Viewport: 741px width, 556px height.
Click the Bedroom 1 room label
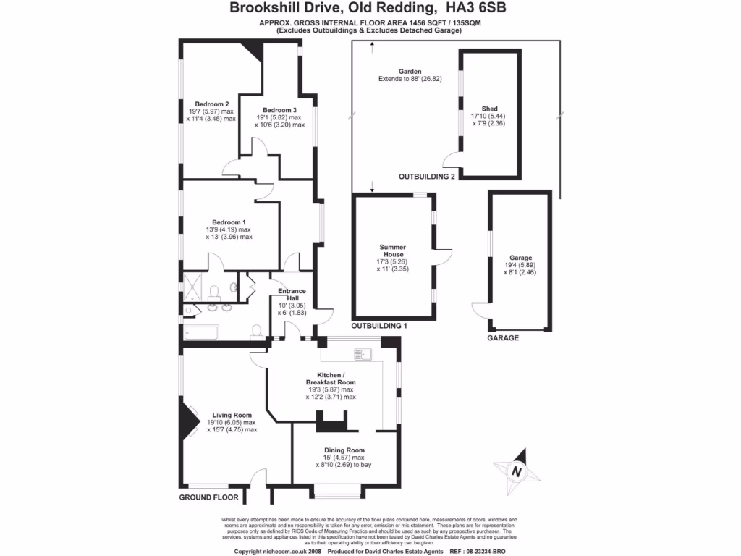[229, 222]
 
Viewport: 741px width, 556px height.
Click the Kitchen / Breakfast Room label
[331, 378]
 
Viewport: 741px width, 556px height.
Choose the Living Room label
[232, 415]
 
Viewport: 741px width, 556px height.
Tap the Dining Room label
[344, 450]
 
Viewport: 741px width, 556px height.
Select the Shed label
[489, 109]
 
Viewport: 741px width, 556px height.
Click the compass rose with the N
[516, 471]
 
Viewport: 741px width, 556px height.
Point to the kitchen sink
[361, 355]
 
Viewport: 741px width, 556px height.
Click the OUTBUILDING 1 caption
[379, 326]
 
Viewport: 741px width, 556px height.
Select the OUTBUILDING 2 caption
[427, 177]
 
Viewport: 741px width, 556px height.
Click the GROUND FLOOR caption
[209, 497]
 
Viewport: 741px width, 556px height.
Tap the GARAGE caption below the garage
[504, 338]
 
